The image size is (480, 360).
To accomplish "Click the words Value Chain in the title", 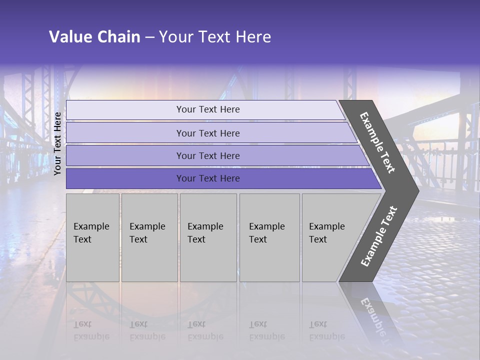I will coord(94,37).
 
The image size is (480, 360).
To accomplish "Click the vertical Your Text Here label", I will coord(57,143).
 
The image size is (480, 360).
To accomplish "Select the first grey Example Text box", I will coord(92,237).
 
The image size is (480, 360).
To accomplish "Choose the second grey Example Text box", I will coord(149,237).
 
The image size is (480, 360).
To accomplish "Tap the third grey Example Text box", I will coord(208,237).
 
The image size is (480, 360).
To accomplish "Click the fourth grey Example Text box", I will coord(269,237).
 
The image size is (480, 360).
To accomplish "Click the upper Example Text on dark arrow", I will coord(377,143).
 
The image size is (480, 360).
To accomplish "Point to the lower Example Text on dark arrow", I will coord(379,236).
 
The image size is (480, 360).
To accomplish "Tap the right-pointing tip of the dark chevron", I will coord(416,190).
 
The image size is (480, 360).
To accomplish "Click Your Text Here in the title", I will coord(215,37).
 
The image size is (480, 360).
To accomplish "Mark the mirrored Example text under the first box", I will coord(91,330).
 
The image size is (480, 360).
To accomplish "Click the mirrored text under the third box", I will coord(205,330).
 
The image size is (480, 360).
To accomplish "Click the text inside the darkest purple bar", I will coord(208,178).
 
